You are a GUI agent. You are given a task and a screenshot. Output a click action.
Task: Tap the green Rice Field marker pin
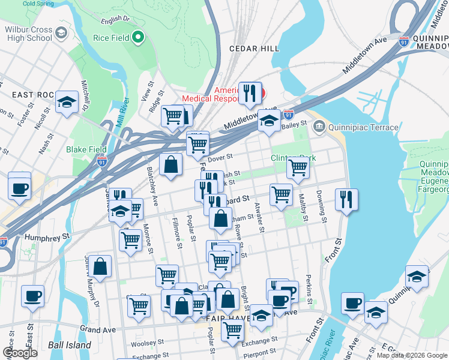click(139, 38)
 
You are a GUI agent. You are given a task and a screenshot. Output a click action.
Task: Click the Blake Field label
click(86, 149)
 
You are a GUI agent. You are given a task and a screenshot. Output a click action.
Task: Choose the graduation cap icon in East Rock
click(67, 102)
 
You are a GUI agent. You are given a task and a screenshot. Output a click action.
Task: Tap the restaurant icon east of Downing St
click(346, 200)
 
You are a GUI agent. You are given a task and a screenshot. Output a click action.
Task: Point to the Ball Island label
click(70, 345)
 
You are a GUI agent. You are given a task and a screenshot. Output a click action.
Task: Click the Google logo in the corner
click(20, 353)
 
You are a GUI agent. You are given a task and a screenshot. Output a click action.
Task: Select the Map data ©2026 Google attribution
click(412, 355)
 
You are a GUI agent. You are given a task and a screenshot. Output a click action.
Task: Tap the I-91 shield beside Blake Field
click(102, 160)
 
